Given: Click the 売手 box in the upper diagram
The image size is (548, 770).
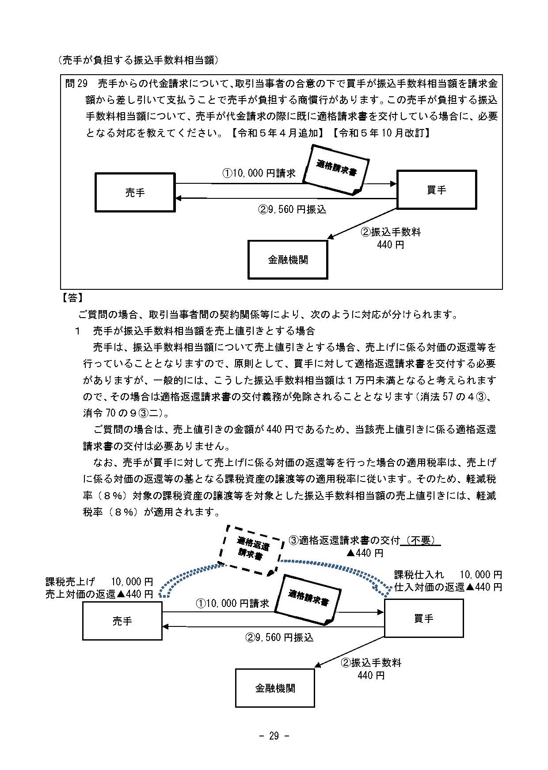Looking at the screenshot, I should (x=135, y=192).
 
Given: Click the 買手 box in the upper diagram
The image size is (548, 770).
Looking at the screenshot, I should (x=437, y=190).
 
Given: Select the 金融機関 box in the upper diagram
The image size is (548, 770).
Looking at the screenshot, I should (x=288, y=260).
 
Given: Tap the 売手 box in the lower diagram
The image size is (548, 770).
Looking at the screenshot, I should (x=122, y=621).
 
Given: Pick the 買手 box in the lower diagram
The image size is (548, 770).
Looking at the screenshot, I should (x=423, y=618).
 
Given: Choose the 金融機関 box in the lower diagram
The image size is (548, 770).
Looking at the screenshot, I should (x=275, y=688).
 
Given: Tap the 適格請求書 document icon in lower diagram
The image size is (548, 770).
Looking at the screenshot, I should (x=308, y=599).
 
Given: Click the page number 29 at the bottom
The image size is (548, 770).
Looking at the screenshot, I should (x=274, y=736).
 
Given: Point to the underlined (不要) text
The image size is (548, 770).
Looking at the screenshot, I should (x=421, y=540).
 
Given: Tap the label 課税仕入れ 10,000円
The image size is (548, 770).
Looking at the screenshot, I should (x=448, y=575).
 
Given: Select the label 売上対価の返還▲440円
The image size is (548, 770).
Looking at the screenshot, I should (x=99, y=594).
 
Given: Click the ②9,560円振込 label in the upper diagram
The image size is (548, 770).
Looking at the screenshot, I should (x=292, y=209).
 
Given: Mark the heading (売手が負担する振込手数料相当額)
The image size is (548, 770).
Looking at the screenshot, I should (x=138, y=60).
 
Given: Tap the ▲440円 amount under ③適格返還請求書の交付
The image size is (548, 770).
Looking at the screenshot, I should (x=365, y=553).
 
